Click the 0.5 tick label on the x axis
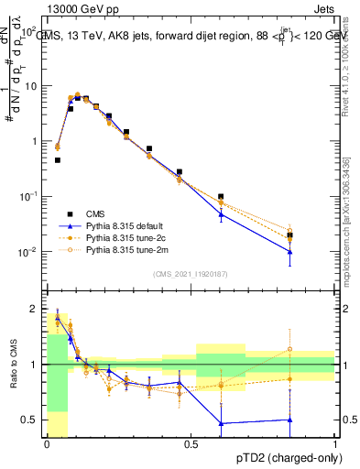point(191,444)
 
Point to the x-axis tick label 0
point(47,444)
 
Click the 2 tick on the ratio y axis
point(34,309)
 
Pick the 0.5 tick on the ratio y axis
point(30,420)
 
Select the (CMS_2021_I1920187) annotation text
point(191,275)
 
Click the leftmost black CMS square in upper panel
point(57,160)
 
